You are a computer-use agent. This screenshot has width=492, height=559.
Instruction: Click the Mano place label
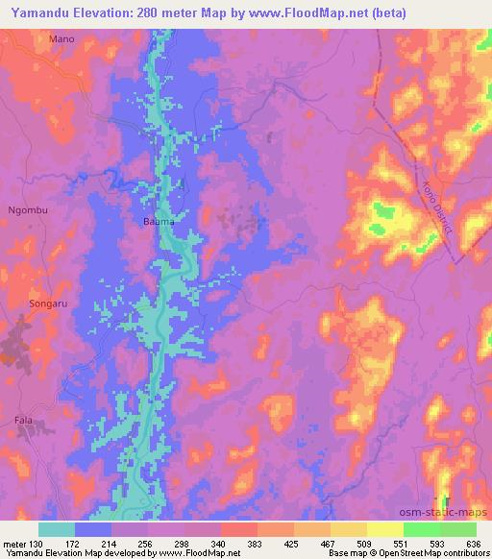[61, 39]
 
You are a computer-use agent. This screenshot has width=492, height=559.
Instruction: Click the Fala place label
[23, 420]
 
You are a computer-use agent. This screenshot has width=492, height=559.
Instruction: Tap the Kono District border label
[437, 202]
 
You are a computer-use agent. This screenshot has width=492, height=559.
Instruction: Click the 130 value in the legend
[37, 543]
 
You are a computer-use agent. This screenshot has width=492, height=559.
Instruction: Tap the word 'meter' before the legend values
[14, 543]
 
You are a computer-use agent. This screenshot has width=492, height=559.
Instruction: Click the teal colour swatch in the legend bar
[57, 528]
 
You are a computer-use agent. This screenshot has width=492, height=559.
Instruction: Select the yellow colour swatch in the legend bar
[348, 528]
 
